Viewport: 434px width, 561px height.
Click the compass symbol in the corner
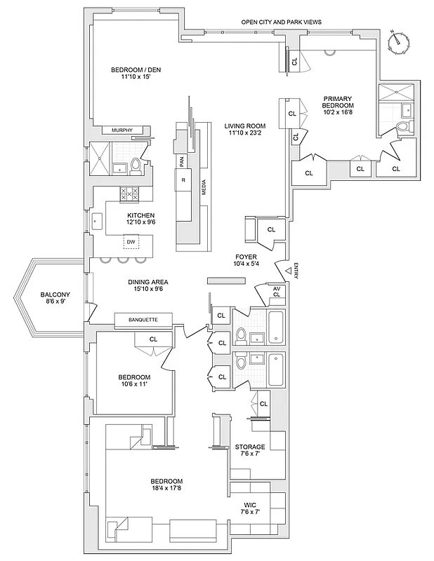(398, 41)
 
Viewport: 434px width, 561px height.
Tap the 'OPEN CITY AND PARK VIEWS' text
(281, 22)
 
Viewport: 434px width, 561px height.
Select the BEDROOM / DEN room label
(131, 73)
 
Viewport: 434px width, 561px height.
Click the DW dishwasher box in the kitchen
(131, 242)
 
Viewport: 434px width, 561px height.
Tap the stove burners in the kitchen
(129, 194)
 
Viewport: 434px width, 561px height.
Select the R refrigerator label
(183, 180)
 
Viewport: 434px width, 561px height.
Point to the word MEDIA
(204, 189)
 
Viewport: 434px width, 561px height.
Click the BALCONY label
(53, 299)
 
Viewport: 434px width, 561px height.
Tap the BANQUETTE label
(143, 320)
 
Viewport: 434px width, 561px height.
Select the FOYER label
(246, 259)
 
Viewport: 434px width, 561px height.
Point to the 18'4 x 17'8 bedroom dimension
(166, 489)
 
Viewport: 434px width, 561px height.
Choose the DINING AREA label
(148, 286)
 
